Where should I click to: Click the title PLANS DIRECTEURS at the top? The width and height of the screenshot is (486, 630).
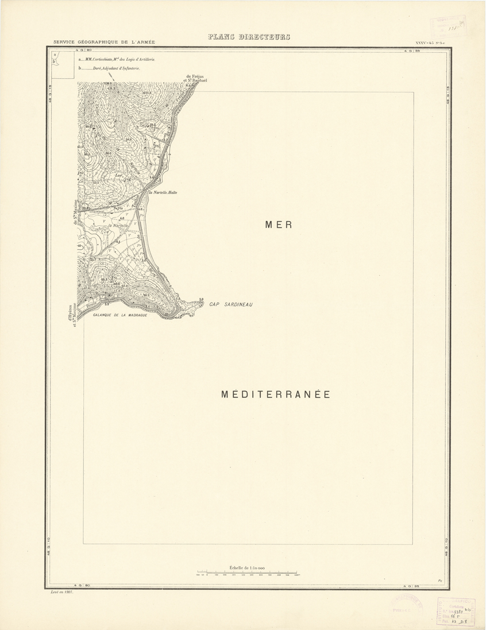click(x=249, y=37)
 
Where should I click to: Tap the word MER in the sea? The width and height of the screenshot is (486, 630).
click(x=279, y=225)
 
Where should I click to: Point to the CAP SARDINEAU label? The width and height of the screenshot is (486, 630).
click(x=231, y=304)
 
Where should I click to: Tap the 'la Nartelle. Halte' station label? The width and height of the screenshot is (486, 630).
click(x=163, y=192)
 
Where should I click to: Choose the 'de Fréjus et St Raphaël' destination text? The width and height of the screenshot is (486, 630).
click(x=196, y=79)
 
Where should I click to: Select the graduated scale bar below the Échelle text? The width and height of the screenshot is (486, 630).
click(x=247, y=573)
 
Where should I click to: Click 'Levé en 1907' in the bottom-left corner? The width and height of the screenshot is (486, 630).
click(x=63, y=592)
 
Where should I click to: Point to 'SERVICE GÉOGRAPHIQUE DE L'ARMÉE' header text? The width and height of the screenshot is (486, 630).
click(x=104, y=42)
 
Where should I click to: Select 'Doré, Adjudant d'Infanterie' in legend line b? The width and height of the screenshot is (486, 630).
click(x=117, y=68)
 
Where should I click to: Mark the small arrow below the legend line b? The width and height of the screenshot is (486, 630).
click(x=110, y=78)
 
